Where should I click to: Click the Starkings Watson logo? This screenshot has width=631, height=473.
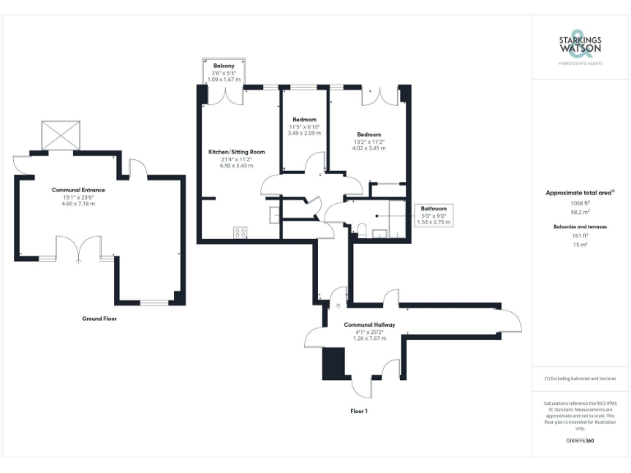point(581,44)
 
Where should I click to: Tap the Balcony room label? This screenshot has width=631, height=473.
point(224,65)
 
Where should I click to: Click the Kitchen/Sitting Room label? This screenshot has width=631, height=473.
point(237,152)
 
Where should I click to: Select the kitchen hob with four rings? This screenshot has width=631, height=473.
point(242,232)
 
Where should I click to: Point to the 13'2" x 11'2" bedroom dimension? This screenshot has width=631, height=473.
point(369,142)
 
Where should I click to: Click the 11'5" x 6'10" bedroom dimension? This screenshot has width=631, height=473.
point(304,126)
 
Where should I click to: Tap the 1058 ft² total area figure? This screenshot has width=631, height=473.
point(580,201)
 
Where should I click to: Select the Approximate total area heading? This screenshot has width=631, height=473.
point(580,193)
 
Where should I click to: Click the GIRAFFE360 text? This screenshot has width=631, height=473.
point(580,443)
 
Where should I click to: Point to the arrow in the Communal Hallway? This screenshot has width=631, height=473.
point(337,305)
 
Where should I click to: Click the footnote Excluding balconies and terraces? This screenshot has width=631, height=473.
point(580,379)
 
